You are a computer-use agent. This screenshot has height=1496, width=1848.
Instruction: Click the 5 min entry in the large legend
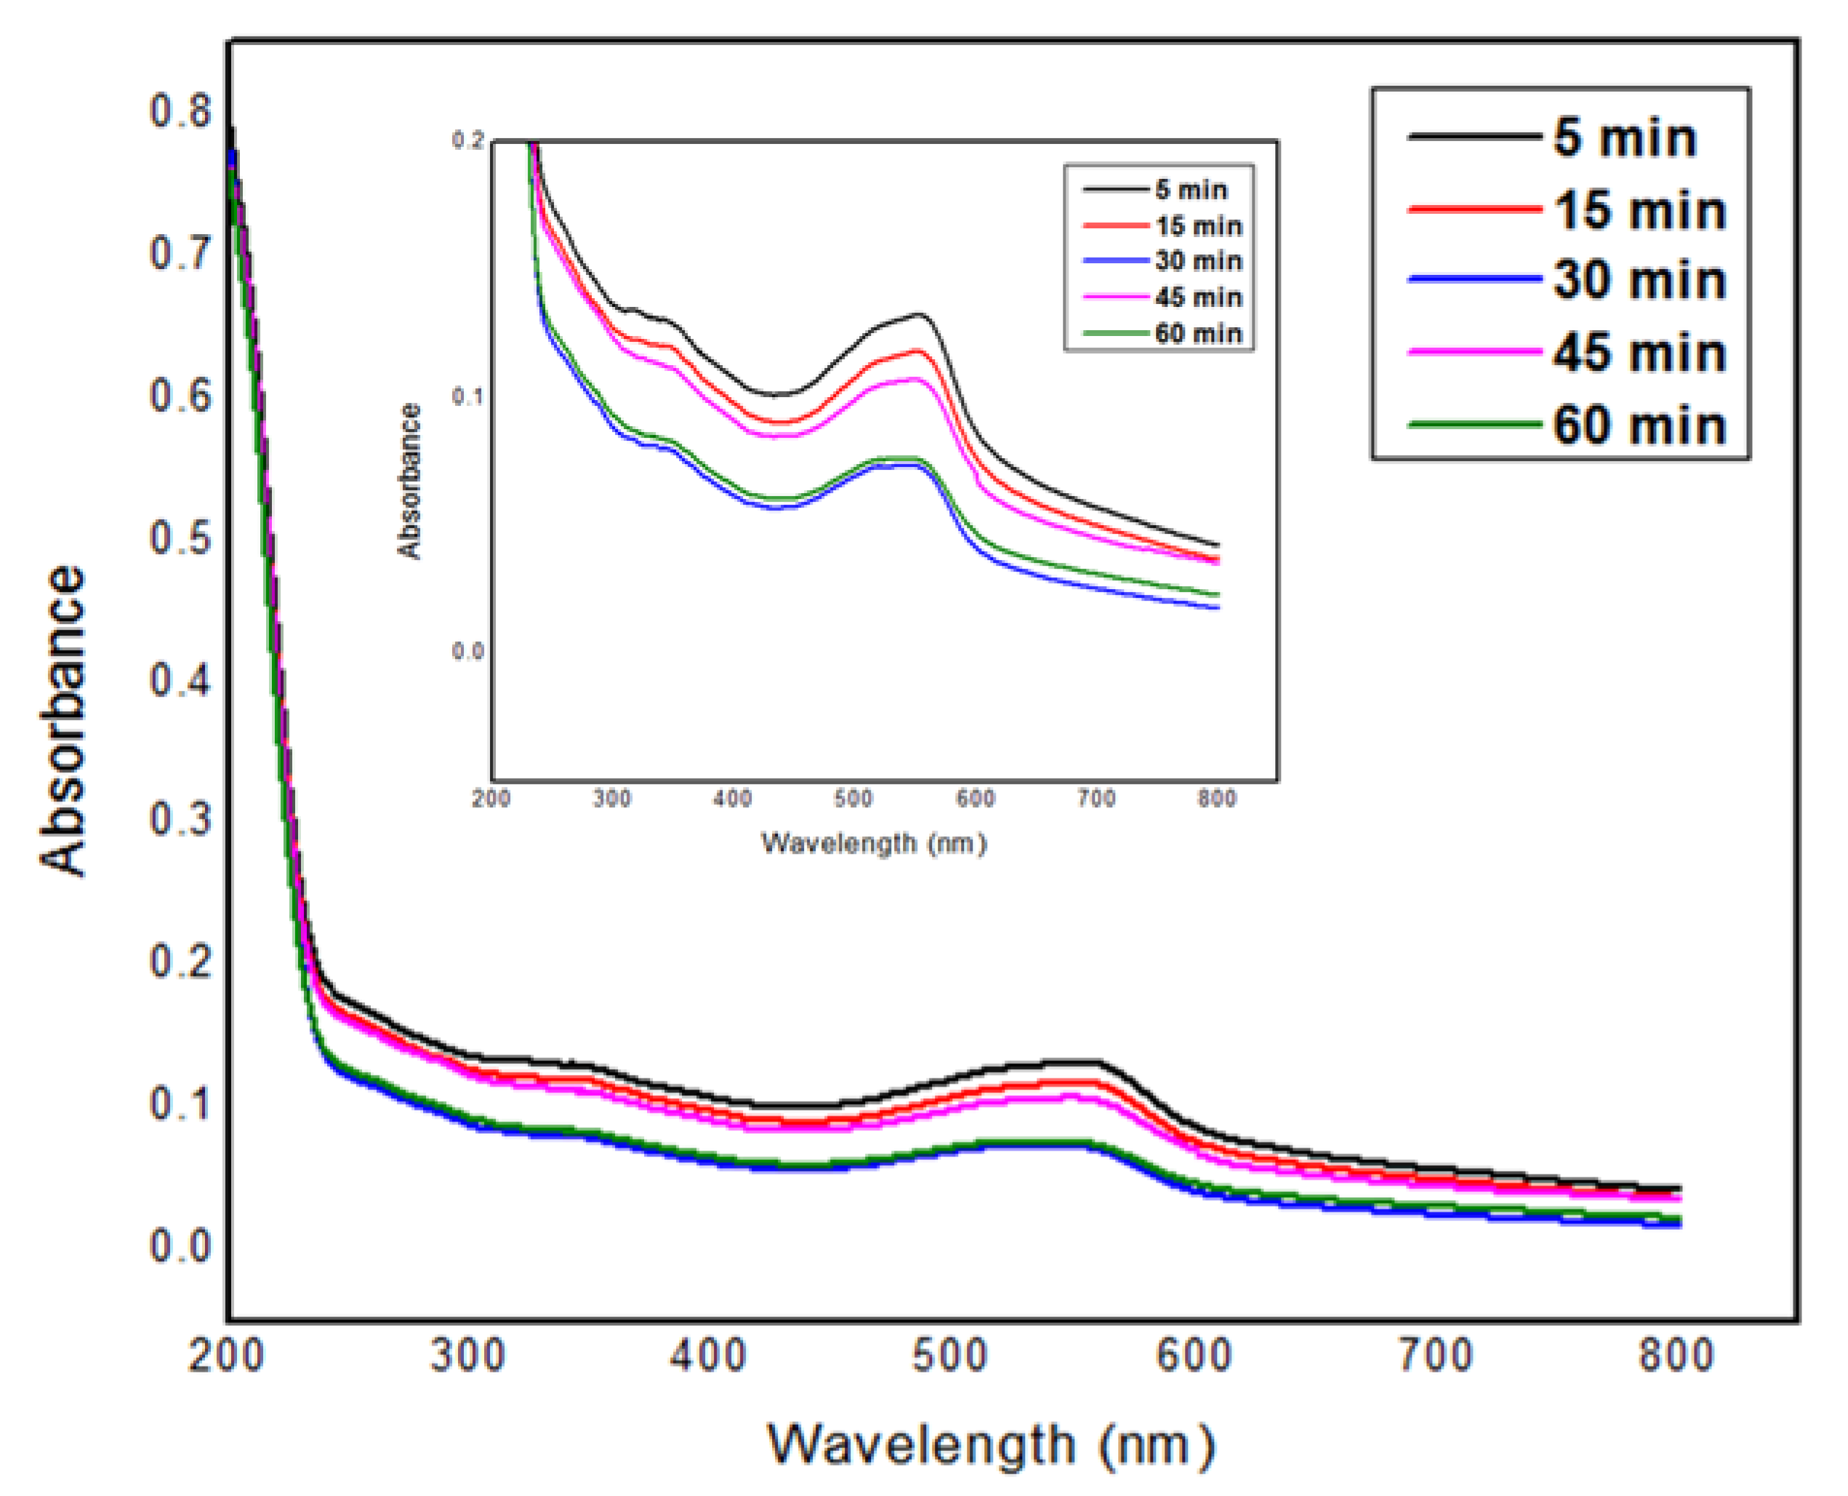[1623, 138]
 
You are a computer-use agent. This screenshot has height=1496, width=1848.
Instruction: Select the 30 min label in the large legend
[1639, 281]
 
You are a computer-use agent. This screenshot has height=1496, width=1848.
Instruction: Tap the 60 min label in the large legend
[1639, 425]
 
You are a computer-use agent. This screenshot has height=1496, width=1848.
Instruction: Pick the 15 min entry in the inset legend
[1197, 227]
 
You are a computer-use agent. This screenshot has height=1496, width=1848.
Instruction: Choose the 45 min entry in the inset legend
[1197, 298]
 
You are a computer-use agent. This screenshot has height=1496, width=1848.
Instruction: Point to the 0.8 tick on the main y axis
[180, 111]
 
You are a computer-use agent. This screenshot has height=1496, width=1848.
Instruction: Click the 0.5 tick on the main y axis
[180, 537]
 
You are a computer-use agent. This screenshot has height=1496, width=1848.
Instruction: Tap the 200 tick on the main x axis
[225, 1356]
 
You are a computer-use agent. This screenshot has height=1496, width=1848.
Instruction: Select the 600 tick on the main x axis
[1193, 1356]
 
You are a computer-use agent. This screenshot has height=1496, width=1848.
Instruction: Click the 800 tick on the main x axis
[1676, 1356]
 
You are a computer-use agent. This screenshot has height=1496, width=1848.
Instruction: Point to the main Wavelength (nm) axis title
[991, 1444]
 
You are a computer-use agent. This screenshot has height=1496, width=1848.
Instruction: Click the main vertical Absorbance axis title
[64, 721]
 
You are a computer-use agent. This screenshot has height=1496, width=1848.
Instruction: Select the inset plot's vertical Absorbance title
[409, 481]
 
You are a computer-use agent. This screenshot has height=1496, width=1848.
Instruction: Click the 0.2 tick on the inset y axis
[467, 140]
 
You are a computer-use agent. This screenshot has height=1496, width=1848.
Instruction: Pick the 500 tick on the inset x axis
[853, 799]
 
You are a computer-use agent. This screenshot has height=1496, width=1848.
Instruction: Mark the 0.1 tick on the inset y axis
[467, 397]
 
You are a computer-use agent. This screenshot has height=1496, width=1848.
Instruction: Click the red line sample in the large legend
[1474, 209]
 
